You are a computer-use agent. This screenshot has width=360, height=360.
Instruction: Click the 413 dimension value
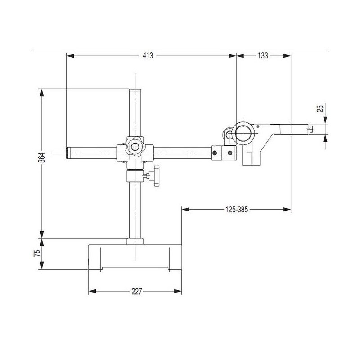148,55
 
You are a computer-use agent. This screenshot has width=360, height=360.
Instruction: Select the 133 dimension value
263,55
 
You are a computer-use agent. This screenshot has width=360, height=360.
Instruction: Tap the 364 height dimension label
42,157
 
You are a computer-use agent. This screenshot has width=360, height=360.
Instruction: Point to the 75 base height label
37,253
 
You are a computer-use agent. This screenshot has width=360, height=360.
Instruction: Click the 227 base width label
137,291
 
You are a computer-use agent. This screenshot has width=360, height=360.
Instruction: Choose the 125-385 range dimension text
237,209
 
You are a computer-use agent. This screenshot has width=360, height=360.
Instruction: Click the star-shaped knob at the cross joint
135,146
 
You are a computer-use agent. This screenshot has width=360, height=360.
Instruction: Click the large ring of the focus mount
244,133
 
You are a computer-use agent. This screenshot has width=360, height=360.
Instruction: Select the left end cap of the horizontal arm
68,153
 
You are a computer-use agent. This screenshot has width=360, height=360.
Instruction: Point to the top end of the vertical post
135,89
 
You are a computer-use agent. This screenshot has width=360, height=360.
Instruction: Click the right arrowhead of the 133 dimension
287,55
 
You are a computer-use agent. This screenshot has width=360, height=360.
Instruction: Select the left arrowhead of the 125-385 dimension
185,209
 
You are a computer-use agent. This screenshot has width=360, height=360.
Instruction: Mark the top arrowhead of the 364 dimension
42,93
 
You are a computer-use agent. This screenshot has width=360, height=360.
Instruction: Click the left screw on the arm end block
215,153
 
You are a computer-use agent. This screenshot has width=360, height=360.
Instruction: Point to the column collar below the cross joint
135,176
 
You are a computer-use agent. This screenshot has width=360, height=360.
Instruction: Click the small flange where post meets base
135,242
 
